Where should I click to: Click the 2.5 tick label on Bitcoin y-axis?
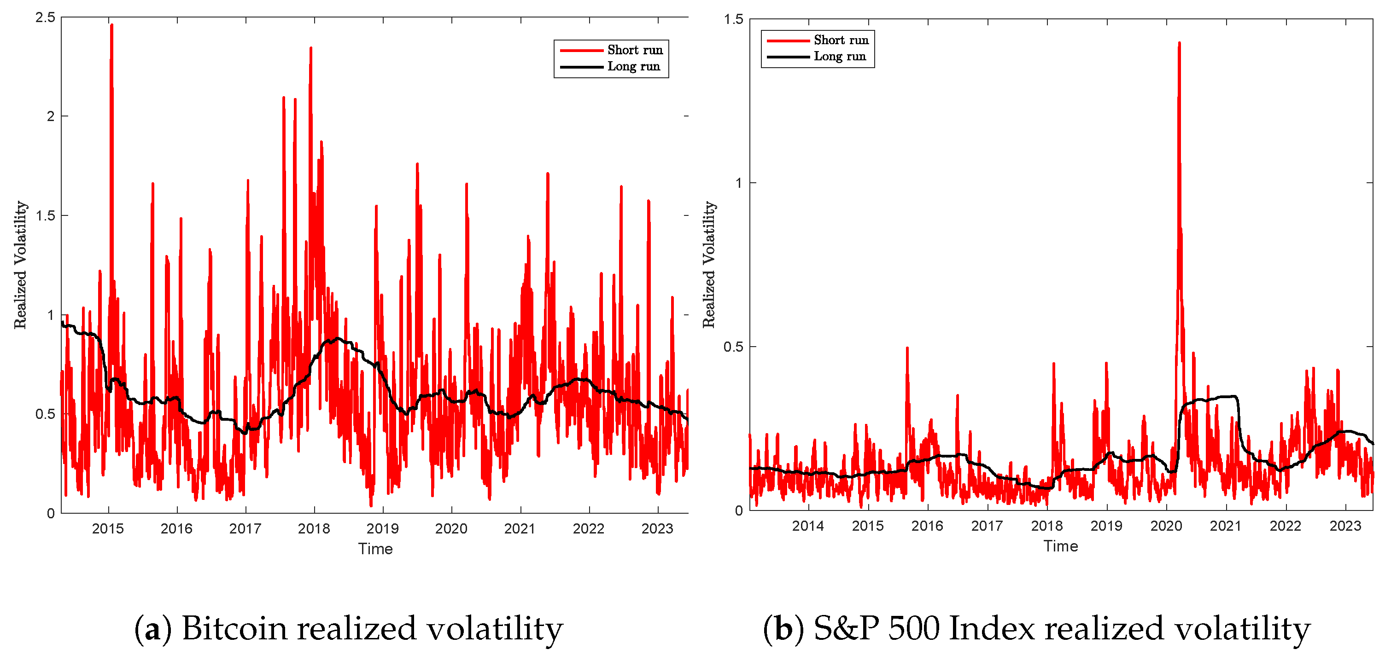point(45,17)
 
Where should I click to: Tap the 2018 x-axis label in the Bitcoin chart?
point(314,528)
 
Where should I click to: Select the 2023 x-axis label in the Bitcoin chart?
point(657,528)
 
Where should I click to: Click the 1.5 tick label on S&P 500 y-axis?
point(733,19)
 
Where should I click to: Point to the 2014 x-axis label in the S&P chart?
point(808,526)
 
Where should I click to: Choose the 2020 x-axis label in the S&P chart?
point(1166,526)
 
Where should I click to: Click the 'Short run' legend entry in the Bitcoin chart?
point(635,50)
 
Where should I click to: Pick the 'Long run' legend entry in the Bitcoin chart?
point(633,66)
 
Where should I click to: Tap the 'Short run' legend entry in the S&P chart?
point(841,41)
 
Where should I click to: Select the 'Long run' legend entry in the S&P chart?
point(839,56)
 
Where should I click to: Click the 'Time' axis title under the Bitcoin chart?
point(375,549)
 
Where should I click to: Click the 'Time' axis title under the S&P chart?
point(1061,546)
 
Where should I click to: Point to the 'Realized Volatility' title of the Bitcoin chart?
point(21,264)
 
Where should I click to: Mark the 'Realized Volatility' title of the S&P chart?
point(709,264)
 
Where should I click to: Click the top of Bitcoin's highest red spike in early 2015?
point(112,25)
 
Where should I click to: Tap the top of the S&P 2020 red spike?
point(1179,43)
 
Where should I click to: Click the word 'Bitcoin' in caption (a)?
point(234,629)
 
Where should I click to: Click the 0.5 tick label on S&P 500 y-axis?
point(733,347)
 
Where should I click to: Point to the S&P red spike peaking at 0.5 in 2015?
point(907,348)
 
